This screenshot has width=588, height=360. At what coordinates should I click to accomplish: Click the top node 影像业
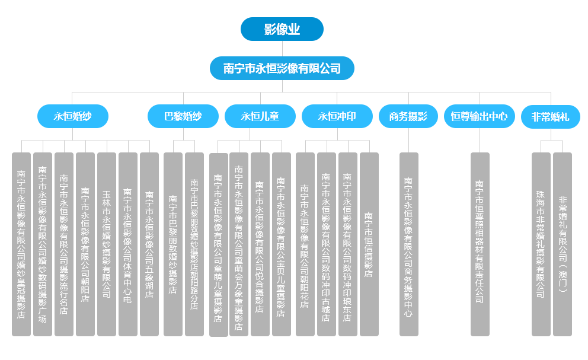[x=282, y=29]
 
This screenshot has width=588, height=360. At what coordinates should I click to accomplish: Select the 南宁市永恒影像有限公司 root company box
[x=282, y=68]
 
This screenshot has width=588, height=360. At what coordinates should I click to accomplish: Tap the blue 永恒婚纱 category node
[x=72, y=116]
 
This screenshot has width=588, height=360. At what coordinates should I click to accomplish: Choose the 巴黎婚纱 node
[x=183, y=116]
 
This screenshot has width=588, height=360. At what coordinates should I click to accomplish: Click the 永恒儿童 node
[x=260, y=116]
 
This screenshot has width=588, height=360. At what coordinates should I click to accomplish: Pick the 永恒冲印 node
[x=337, y=116]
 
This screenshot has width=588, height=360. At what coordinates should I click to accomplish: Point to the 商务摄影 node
[x=408, y=116]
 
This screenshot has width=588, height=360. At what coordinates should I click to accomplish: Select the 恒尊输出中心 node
[x=479, y=116]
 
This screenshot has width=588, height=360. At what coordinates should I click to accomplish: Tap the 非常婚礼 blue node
[x=551, y=116]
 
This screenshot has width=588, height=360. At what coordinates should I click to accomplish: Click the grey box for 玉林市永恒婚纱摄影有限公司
[x=107, y=244]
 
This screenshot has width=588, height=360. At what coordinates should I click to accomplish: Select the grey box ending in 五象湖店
[x=149, y=244]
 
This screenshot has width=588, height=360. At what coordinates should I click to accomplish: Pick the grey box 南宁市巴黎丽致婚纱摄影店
[x=173, y=244]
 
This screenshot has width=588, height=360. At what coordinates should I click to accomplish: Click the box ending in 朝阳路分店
[x=194, y=244]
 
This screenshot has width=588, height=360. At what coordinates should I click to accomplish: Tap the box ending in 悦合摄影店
[x=260, y=244]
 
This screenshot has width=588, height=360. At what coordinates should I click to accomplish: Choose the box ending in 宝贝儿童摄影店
[x=281, y=244]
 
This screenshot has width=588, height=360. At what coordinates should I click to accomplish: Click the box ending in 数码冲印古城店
[x=326, y=244]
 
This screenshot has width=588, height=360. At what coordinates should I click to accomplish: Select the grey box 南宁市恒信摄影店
[x=369, y=244]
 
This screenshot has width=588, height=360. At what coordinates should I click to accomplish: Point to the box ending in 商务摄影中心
[x=408, y=244]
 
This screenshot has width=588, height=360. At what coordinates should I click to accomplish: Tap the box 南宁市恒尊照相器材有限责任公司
[x=480, y=244]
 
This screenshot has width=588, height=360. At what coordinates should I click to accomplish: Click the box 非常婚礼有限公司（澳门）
[x=562, y=244]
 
